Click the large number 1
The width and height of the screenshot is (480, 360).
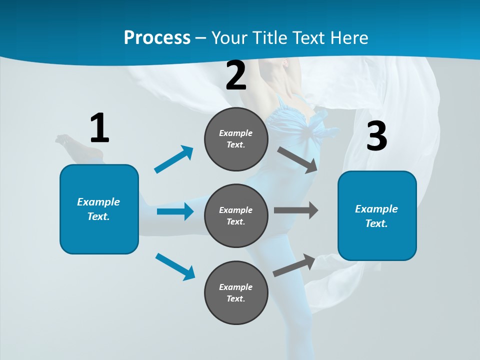pos(99,128)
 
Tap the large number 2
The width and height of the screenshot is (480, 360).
pos(236,75)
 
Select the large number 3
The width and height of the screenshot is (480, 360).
pos(376,136)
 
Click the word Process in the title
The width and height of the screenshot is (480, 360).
pos(157,37)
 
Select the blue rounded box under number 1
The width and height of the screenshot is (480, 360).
pos(99,209)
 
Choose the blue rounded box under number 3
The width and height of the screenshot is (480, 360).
pos(377,216)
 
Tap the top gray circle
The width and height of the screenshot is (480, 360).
pos(236,139)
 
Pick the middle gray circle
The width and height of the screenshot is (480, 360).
pos(236,215)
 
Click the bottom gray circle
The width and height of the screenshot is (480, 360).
pos(236,292)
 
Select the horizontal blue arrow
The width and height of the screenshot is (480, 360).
pos(175,211)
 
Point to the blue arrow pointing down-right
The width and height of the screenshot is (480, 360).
pos(175,266)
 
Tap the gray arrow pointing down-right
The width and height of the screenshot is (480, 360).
pos(297,159)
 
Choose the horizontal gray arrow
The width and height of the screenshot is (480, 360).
pos(296,210)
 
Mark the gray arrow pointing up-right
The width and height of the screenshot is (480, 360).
pos(294,265)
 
